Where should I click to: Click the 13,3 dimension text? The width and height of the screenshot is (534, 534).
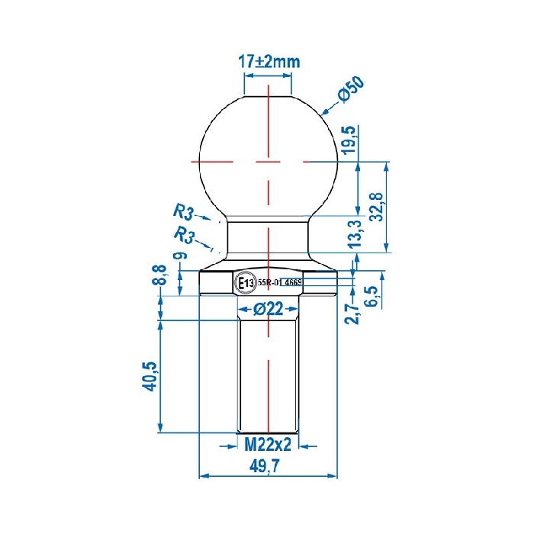354,235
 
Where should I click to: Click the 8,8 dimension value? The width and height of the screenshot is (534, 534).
159,275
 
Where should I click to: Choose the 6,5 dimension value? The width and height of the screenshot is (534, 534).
372,295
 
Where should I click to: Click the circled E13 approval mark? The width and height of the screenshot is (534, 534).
246,282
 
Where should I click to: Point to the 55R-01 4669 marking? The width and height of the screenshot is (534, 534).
281,282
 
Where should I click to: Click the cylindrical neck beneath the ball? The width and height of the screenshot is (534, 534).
268,236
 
